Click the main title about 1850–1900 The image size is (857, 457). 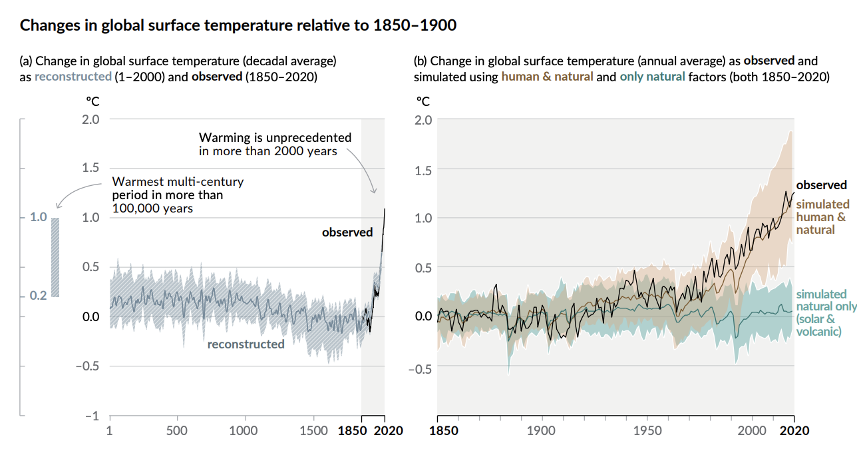tap(238, 26)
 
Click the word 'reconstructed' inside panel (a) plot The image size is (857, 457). tap(246, 344)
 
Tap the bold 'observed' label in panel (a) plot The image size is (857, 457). tap(347, 232)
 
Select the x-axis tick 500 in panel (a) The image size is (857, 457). tap(177, 430)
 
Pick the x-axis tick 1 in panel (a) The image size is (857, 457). tap(109, 430)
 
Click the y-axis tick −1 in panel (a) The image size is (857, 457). tap(92, 416)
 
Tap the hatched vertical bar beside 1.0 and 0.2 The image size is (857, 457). tap(55, 257)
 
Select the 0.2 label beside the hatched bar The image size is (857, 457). tap(39, 296)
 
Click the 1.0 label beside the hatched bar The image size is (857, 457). tap(39, 217)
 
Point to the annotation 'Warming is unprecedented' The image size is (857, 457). tap(275, 144)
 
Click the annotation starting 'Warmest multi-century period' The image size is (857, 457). tap(178, 195)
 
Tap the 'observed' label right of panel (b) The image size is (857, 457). tap(821, 185)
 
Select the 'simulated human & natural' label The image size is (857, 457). tap(822, 217)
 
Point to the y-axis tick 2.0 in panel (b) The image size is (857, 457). tap(424, 120)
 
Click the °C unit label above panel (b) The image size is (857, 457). tap(423, 101)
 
